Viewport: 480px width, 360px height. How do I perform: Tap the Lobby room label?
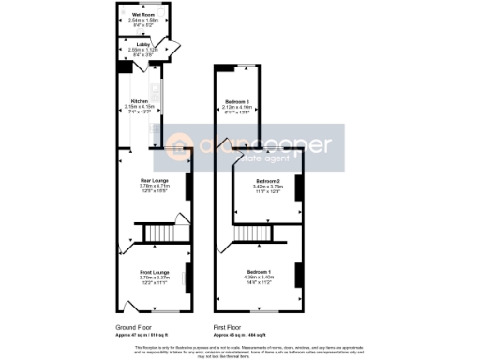[x=143, y=43]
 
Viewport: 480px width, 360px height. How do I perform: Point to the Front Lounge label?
[x=154, y=273]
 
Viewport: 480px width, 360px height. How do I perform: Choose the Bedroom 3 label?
[x=236, y=101]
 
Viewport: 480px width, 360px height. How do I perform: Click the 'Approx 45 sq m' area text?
[x=237, y=335]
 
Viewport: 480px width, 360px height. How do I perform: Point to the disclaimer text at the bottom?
[x=240, y=349]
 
